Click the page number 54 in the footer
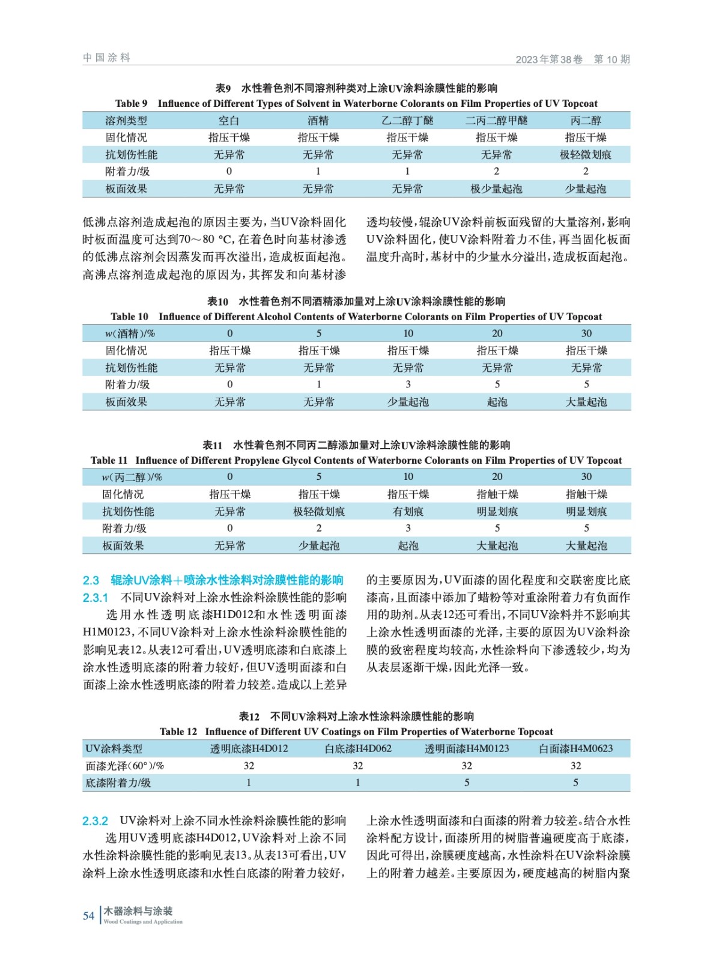pyautogui.click(x=88, y=916)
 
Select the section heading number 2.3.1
pyautogui.click(x=96, y=598)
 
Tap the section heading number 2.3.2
pyautogui.click(x=96, y=821)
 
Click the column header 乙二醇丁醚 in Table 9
pyautogui.click(x=407, y=121)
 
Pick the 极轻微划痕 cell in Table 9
pyautogui.click(x=586, y=155)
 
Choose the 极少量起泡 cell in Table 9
pyautogui.click(x=496, y=189)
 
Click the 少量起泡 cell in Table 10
pyautogui.click(x=408, y=402)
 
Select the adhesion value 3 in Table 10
pyautogui.click(x=408, y=384)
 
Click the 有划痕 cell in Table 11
pyautogui.click(x=408, y=512)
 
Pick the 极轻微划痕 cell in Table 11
pyautogui.click(x=319, y=512)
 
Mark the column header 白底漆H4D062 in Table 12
pyautogui.click(x=358, y=748)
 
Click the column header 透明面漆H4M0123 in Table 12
pyautogui.click(x=467, y=748)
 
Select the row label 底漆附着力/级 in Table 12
pyautogui.click(x=118, y=783)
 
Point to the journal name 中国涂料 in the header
pyautogui.click(x=107, y=58)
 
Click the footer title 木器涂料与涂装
pyautogui.click(x=138, y=911)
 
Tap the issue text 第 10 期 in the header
pyautogui.click(x=611, y=59)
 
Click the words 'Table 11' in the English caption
pyautogui.click(x=109, y=461)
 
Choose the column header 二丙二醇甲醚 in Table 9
pyautogui.click(x=496, y=121)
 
